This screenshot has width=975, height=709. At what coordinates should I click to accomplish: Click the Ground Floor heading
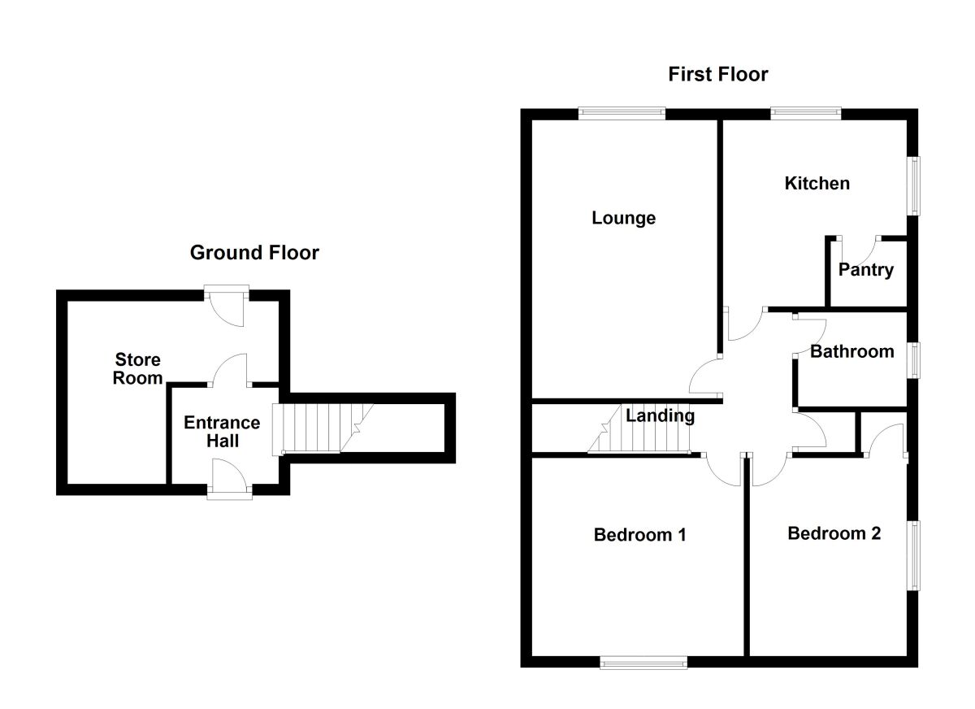point(254,253)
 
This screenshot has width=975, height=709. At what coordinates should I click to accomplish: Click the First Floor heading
point(717,75)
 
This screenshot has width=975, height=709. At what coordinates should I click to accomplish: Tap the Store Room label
point(137,368)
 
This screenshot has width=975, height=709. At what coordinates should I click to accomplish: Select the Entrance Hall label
point(222,432)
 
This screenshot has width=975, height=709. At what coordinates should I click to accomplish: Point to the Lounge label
point(623,218)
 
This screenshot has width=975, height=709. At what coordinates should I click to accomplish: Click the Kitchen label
point(817,183)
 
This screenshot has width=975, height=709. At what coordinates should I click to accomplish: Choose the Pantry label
point(866,270)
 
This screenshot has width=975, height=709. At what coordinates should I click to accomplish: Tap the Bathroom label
point(851,351)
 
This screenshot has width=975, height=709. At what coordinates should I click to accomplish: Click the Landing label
point(660,416)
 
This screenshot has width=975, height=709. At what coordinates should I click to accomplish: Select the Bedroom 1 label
point(640,535)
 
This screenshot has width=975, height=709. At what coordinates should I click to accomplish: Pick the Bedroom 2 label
point(834,533)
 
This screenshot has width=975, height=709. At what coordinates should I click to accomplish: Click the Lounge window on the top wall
point(622,114)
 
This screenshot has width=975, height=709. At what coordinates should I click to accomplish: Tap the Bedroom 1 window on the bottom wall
point(643,663)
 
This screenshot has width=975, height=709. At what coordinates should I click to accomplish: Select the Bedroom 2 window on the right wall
point(914,555)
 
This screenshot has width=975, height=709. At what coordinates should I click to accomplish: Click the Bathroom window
point(914,360)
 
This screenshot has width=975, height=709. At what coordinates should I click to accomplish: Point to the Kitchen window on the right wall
point(914,185)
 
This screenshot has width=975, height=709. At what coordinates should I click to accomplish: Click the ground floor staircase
point(317,428)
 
